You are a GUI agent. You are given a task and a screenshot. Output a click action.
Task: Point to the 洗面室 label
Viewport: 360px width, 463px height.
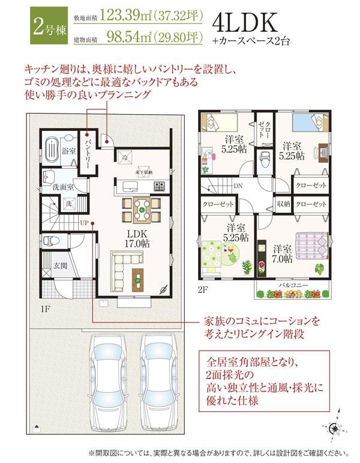pyautogui.click(x=62, y=187)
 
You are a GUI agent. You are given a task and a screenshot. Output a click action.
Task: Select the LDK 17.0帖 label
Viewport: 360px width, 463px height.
pyautogui.click(x=137, y=240)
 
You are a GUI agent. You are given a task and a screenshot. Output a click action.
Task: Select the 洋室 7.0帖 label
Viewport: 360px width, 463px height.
pyautogui.click(x=282, y=253)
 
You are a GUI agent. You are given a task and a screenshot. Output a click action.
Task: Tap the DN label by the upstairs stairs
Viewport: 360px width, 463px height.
pyautogui.click(x=238, y=186)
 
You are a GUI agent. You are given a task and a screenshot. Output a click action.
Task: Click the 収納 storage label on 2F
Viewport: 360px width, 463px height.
pyautogui.click(x=283, y=204)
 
